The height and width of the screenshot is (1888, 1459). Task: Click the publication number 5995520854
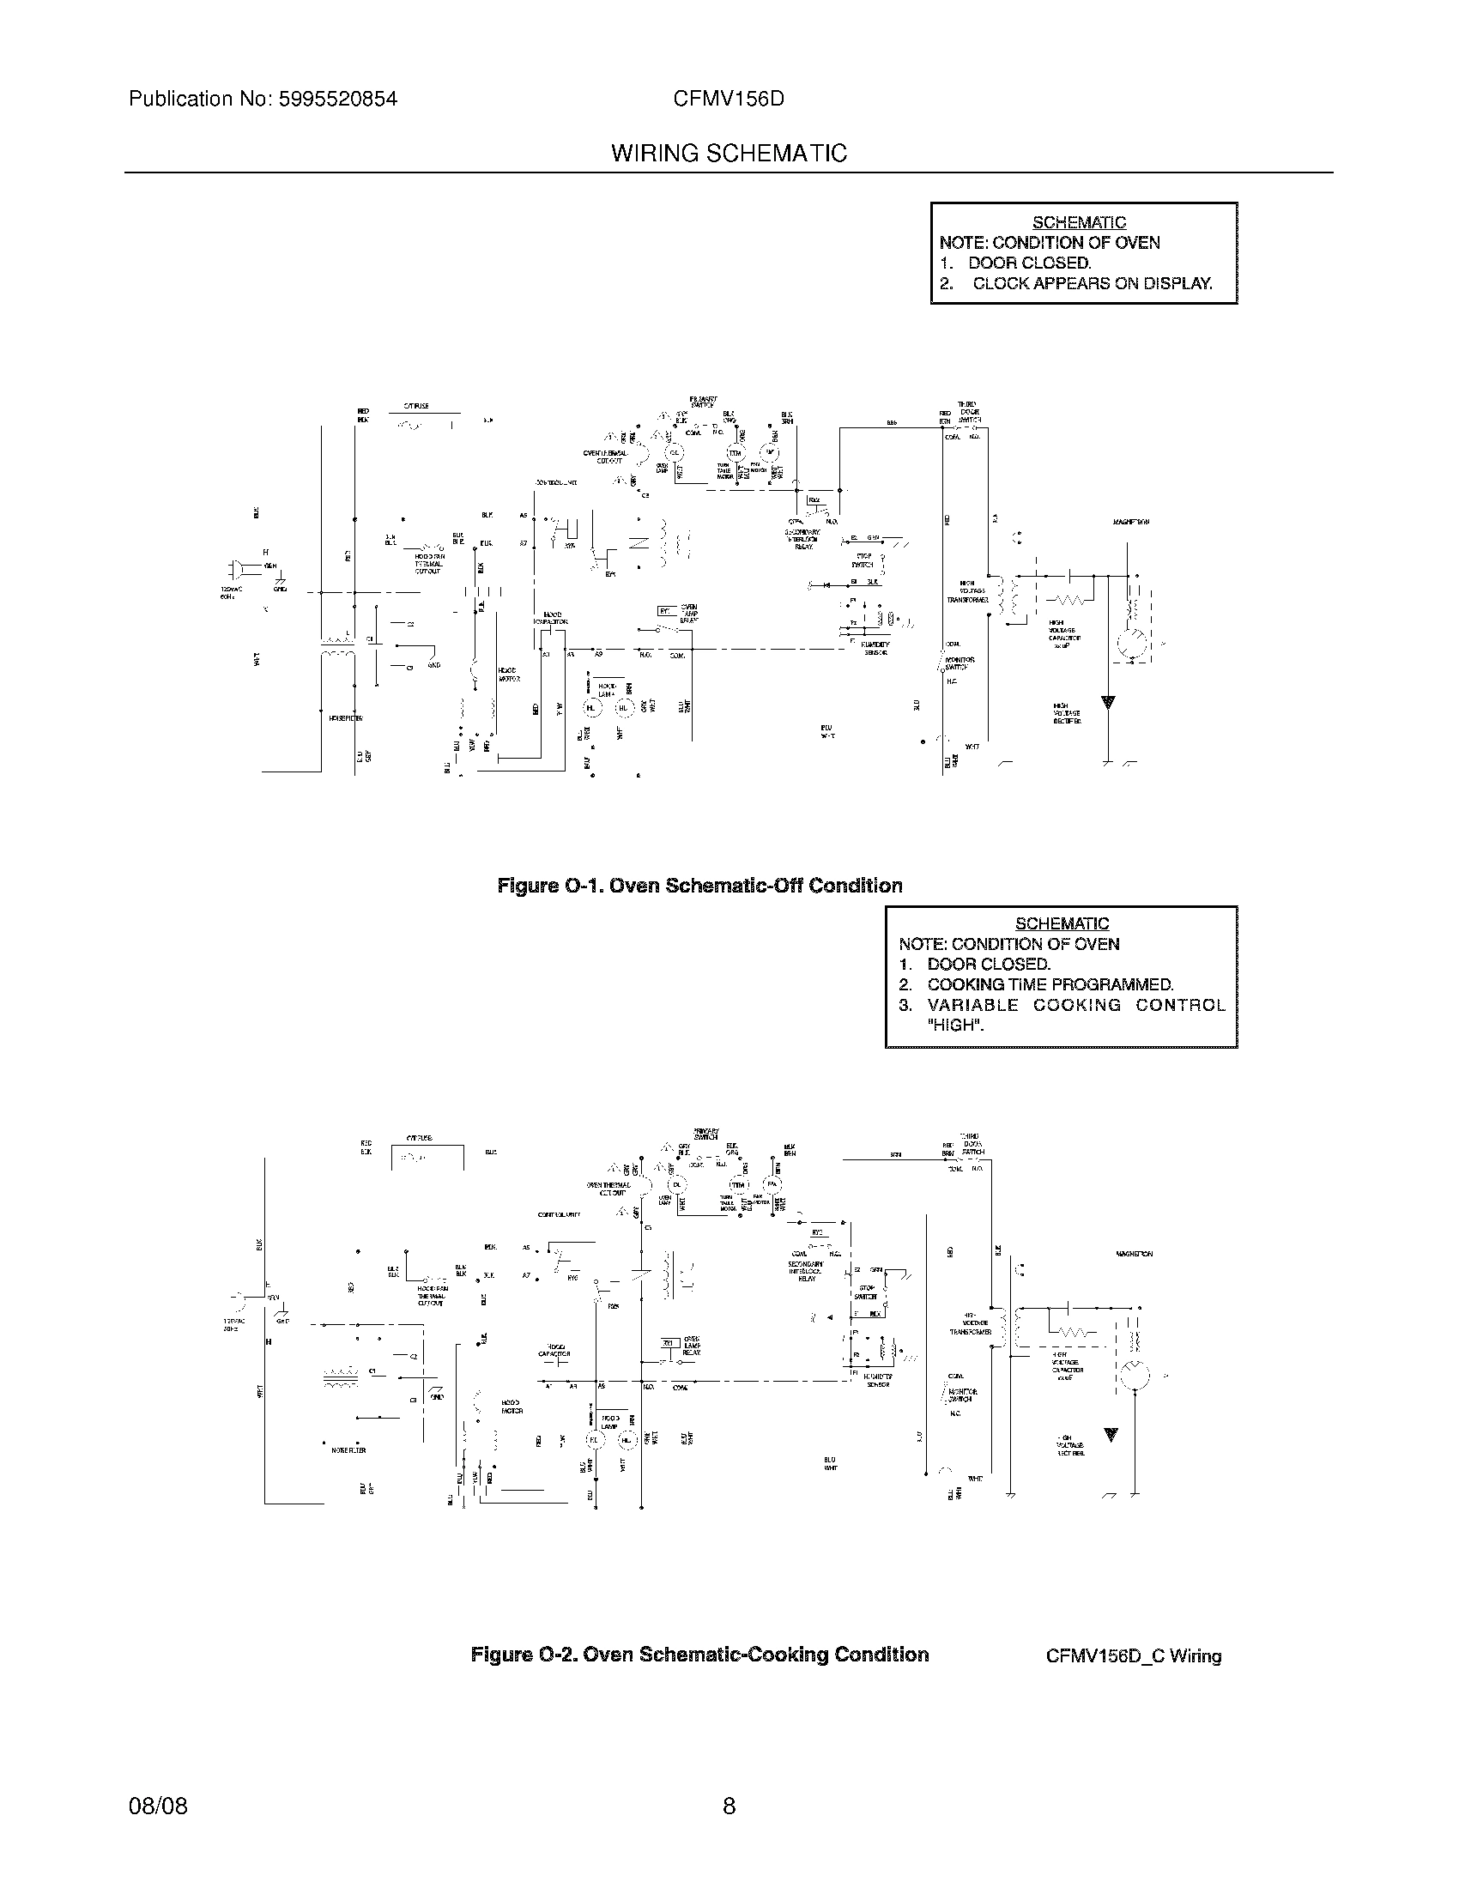point(337,100)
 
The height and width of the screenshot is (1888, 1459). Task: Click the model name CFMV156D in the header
point(729,100)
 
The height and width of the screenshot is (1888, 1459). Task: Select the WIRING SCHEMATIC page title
point(729,154)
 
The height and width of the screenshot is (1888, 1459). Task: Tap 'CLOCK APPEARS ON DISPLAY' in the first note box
point(1092,283)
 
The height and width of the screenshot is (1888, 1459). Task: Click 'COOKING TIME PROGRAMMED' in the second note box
point(1050,984)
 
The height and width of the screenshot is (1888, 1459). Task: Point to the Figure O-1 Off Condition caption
point(699,886)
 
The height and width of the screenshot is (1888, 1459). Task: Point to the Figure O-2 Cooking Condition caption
point(699,1655)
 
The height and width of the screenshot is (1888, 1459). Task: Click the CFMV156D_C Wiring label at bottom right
point(1133,1656)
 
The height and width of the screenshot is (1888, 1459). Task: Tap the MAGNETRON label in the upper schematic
point(1130,522)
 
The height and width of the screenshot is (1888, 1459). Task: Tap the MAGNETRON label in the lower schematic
point(1134,1254)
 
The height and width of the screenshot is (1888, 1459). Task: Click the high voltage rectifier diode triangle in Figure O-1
point(1108,702)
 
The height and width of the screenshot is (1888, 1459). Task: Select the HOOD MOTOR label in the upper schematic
point(508,675)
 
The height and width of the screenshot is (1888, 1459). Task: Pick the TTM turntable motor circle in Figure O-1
point(735,453)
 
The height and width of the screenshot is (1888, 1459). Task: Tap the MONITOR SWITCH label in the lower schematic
point(960,1395)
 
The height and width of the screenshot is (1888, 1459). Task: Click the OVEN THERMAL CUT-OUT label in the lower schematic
point(606,1189)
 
